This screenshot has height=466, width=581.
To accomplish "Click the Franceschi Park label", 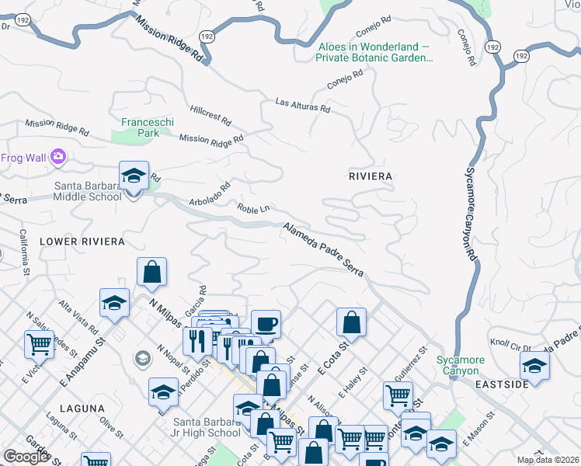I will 147,127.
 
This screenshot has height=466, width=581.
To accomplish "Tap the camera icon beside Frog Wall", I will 57,158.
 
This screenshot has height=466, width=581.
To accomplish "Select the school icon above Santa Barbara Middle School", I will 134,176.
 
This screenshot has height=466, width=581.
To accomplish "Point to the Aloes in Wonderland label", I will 374,52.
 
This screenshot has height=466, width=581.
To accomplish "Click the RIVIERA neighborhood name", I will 371,176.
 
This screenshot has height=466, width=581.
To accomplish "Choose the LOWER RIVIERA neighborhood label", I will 78,242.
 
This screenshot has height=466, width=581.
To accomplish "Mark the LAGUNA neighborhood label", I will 81,408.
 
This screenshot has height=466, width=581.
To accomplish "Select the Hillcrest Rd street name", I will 210,116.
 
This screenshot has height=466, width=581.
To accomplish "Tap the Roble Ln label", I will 253,208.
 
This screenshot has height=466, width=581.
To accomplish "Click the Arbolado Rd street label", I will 210,195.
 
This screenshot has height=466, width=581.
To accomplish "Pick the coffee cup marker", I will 266,323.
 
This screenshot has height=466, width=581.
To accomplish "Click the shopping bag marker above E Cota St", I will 352,322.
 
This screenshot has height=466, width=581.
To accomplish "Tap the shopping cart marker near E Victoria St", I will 39,343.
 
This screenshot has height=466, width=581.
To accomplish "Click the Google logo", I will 26,456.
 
